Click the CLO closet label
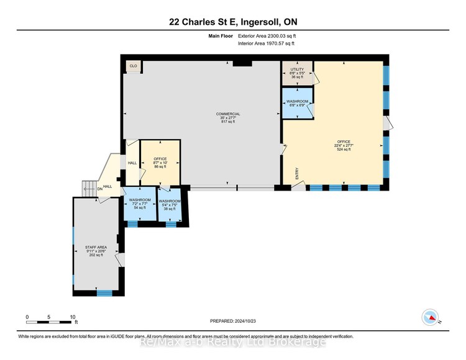[x=133, y=66]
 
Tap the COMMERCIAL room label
[x=227, y=114]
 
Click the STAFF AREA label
[x=96, y=247]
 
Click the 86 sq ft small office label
[x=160, y=168]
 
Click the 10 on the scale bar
[x=73, y=317]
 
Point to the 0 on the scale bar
[x=27, y=317]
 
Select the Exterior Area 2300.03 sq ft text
[x=267, y=37]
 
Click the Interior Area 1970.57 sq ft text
[x=266, y=43]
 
